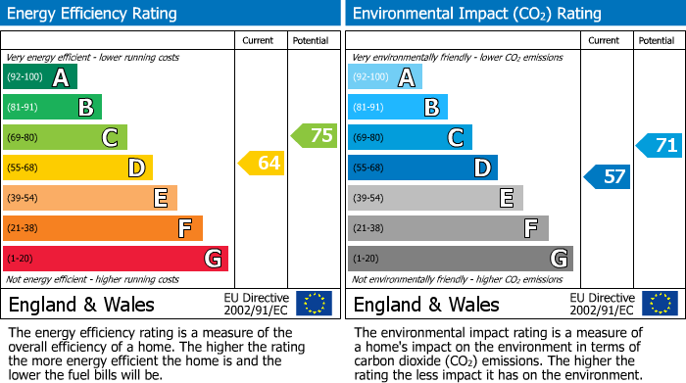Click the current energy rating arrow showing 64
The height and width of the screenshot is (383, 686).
click(262, 164)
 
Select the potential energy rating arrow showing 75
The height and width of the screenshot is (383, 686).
click(315, 136)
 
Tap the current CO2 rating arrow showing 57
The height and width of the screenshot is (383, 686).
click(608, 176)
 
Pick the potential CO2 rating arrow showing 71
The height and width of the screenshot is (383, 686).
click(660, 146)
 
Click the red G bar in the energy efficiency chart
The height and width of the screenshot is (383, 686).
click(116, 259)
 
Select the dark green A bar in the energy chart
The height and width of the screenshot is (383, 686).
click(40, 77)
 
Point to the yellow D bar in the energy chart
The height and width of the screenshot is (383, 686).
click(78, 168)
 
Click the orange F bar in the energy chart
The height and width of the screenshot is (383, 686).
click(103, 228)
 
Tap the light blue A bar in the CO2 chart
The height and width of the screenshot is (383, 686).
click(385, 77)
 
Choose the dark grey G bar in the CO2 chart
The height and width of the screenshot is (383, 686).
click(460, 259)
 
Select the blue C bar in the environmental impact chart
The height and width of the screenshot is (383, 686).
click(410, 138)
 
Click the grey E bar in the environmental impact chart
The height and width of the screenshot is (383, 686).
click(435, 198)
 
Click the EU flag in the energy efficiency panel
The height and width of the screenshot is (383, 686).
click(314, 304)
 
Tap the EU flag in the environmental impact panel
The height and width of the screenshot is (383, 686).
click(659, 304)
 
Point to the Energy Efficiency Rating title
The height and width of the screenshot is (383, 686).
click(93, 14)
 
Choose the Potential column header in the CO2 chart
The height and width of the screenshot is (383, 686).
click(657, 40)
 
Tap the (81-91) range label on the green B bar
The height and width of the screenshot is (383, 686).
click(23, 108)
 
